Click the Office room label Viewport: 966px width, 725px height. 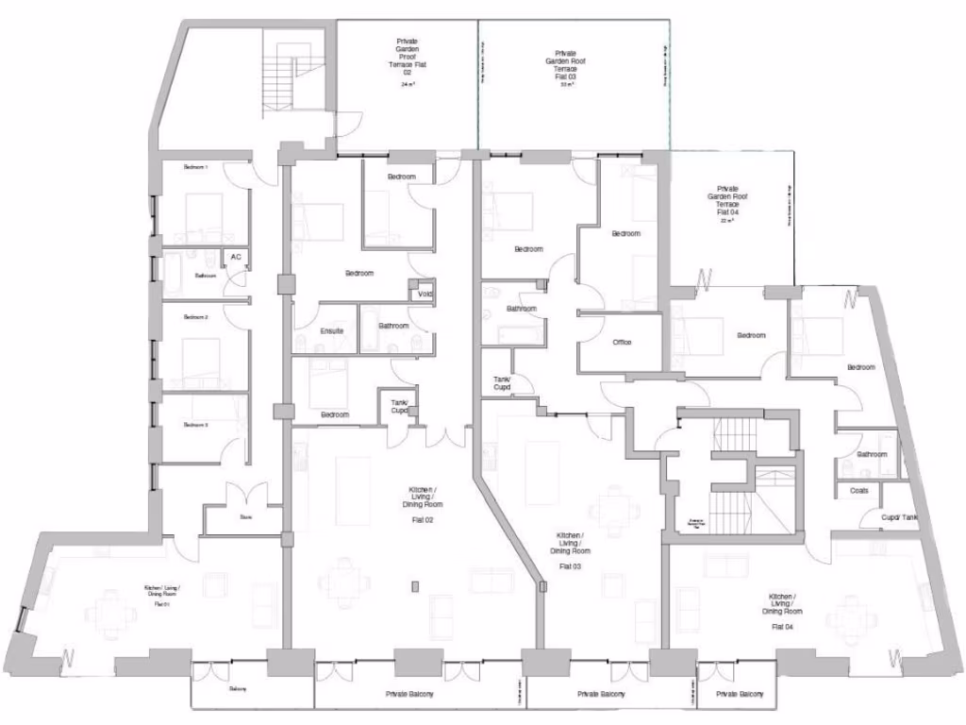pos(621,342)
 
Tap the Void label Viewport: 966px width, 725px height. pos(425,294)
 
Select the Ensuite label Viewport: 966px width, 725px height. pos(331,330)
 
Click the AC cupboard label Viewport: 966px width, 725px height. pos(236,256)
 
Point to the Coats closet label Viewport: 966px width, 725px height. pos(858,490)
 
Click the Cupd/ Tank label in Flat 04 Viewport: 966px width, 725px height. pos(898,517)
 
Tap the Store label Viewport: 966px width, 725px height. pos(245,517)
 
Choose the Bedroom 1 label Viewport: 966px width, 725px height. pos(195,167)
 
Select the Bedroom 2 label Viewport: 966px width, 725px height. pos(195,317)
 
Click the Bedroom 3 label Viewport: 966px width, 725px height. pos(195,425)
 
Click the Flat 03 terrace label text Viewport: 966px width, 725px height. pos(566,67)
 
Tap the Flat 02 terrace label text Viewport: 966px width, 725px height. pos(408,57)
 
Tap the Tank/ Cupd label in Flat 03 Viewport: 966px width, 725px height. pos(502,382)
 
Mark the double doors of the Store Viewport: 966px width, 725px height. pos(245,497)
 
